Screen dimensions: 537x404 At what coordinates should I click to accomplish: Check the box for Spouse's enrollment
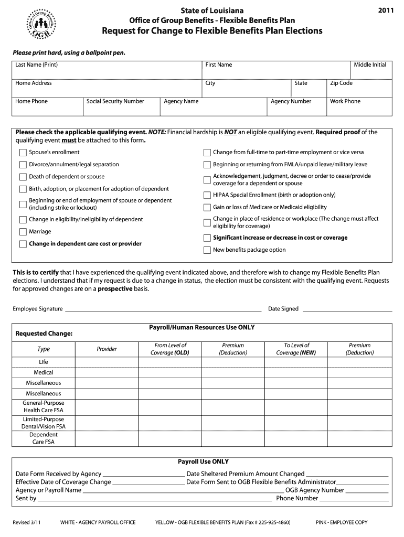[23, 153]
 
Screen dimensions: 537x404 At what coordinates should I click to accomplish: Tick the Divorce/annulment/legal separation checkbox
[23, 165]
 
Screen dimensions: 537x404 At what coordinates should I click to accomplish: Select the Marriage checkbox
[23, 232]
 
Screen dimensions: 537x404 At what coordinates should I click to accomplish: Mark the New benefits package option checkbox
[207, 250]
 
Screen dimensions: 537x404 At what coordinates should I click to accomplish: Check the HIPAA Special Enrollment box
[207, 195]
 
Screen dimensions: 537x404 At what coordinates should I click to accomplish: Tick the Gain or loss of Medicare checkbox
[207, 208]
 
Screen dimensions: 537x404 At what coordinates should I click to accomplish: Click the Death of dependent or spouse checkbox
[23, 177]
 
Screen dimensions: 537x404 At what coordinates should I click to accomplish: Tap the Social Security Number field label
[115, 102]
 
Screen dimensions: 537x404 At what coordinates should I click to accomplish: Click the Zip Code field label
[341, 83]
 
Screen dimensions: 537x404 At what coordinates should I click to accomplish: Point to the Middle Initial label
[369, 65]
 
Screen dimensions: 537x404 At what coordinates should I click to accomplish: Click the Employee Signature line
[163, 309]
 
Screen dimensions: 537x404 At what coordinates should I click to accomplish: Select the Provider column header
[107, 349]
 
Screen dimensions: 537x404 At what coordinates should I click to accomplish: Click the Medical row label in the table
[44, 373]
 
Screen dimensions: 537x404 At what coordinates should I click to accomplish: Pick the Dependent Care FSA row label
[44, 438]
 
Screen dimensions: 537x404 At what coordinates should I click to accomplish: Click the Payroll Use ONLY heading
[203, 462]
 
